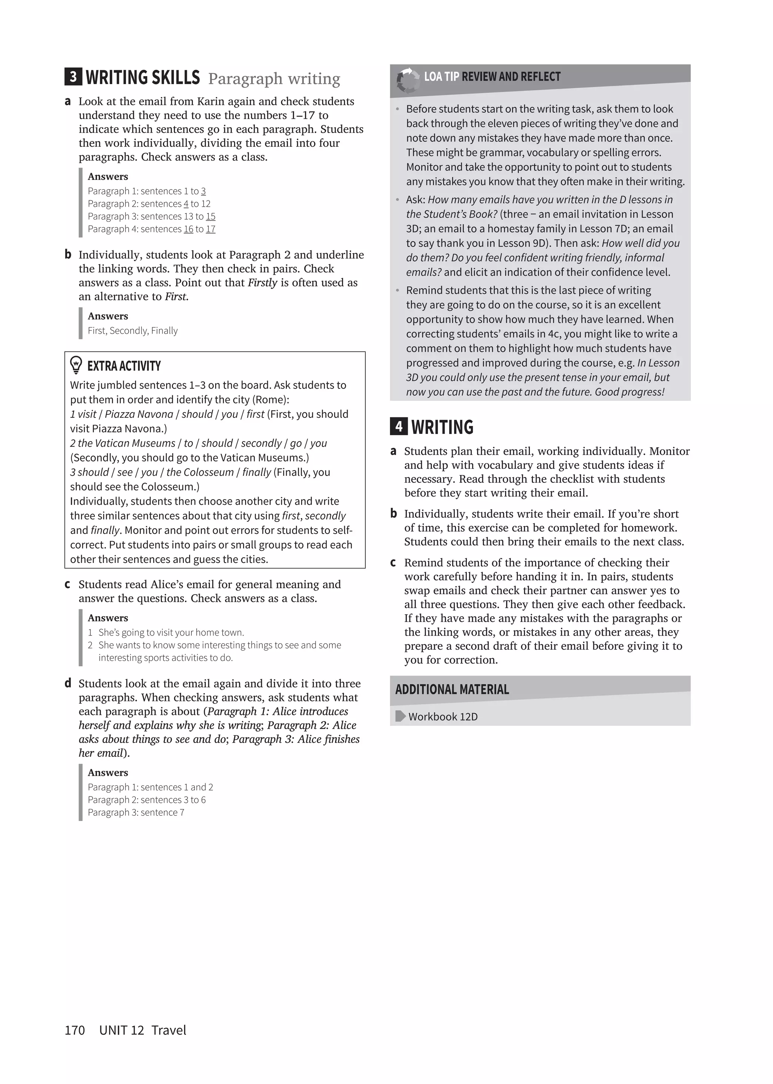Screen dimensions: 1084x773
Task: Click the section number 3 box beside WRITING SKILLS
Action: tap(73, 77)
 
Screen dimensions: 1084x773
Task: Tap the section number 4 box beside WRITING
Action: tap(399, 426)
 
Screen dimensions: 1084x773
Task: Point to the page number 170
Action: tap(75, 1030)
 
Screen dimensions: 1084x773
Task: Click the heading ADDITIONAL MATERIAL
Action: tap(452, 689)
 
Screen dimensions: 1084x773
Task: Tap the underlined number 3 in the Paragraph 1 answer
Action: tap(203, 191)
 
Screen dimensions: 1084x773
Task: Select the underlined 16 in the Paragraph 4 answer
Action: tap(188, 229)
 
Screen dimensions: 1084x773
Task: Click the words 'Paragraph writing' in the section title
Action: tap(274, 78)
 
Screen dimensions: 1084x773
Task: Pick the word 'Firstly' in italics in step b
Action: tap(262, 283)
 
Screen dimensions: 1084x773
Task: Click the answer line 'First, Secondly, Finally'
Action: tap(132, 331)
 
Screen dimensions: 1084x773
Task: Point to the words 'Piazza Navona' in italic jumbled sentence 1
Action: tap(139, 414)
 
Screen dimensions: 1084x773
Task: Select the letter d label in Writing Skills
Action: tap(68, 683)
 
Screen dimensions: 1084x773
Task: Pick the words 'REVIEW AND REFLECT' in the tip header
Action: tap(511, 77)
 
